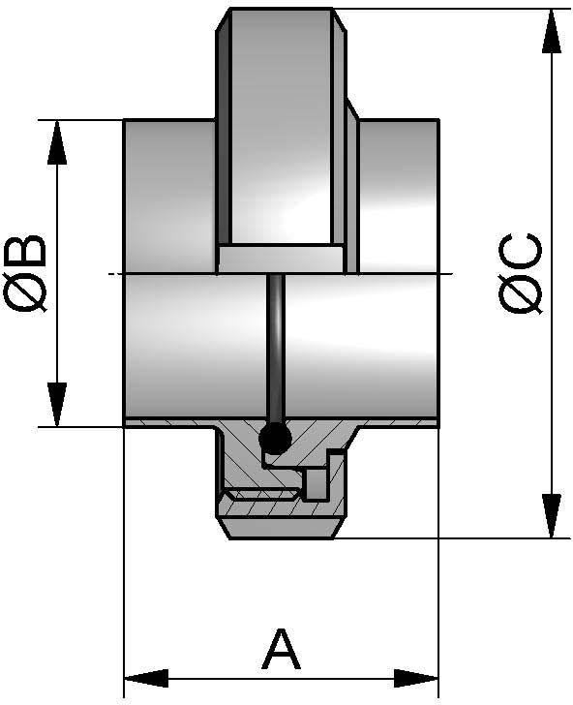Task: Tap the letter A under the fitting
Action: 281,650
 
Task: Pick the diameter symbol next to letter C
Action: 521,294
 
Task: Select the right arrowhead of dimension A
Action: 417,676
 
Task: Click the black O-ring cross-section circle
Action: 275,441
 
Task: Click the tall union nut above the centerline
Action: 281,126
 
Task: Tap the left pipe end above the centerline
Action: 169,194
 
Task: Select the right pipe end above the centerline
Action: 399,194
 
